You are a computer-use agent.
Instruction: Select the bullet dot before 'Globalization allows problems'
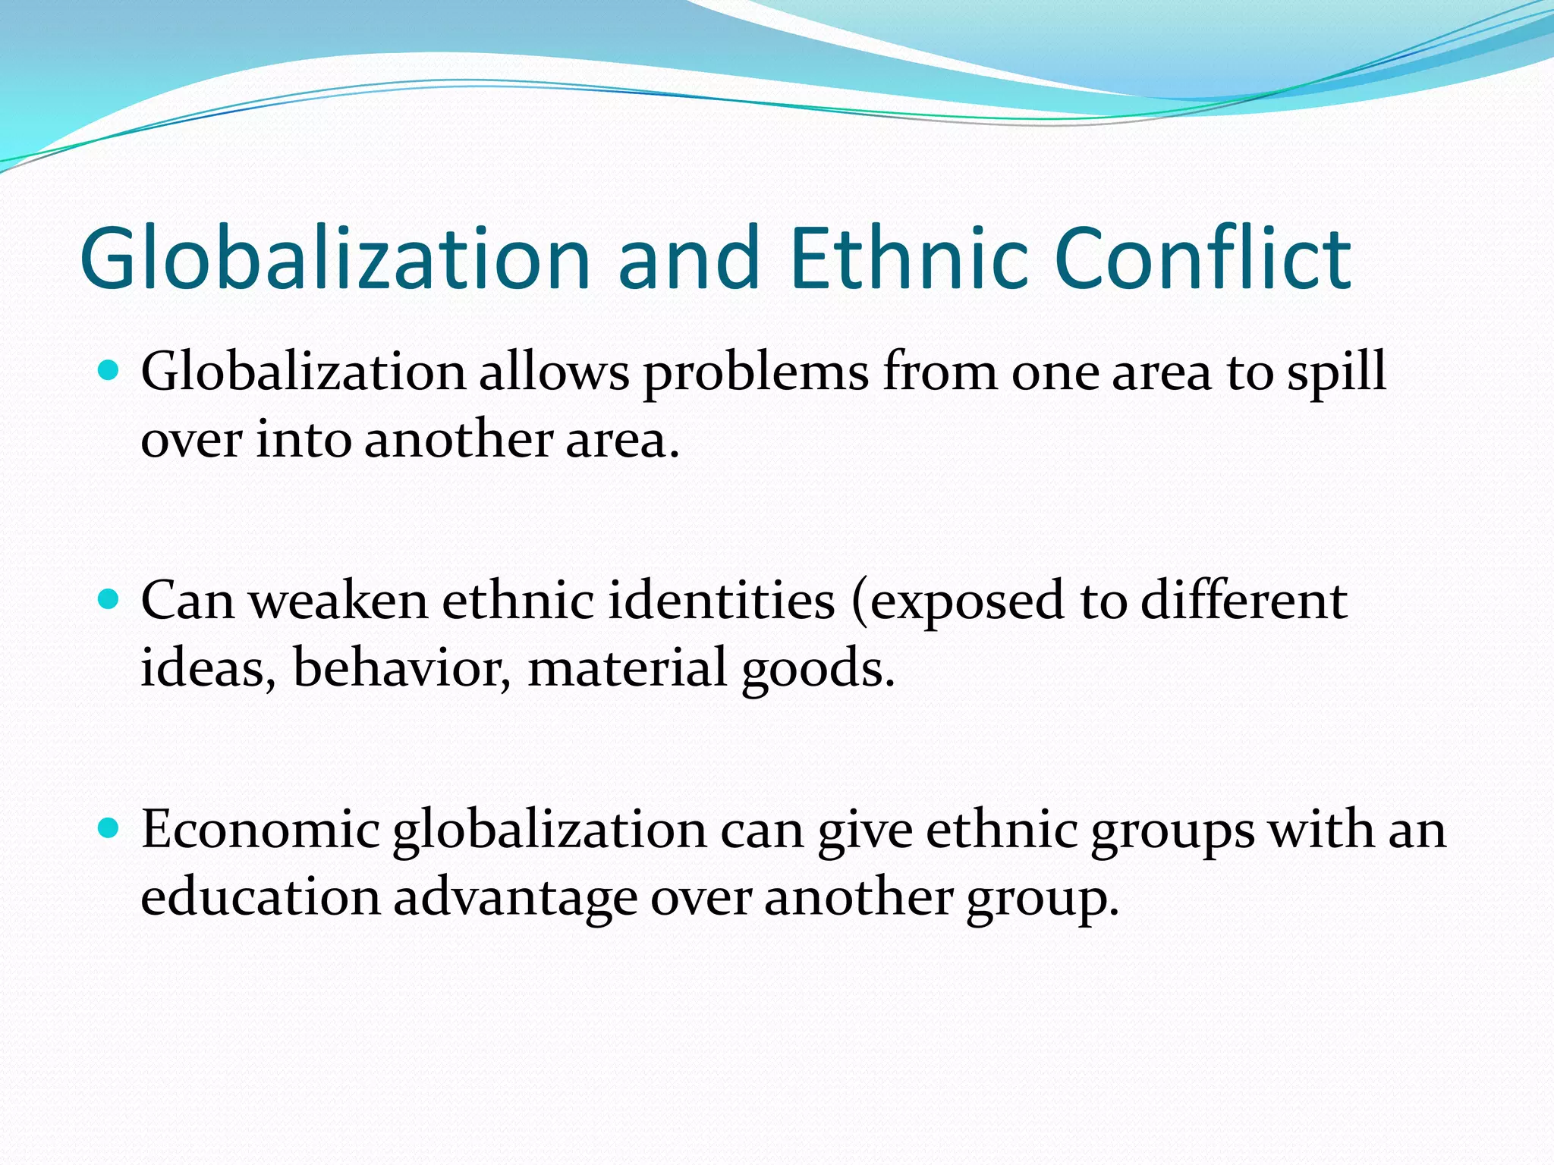[x=109, y=371]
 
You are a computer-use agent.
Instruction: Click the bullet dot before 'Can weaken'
[x=109, y=600]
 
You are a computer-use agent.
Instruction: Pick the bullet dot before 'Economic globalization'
[x=109, y=828]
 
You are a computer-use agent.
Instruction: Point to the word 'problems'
[x=756, y=373]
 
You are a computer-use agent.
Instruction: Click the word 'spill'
[x=1336, y=373]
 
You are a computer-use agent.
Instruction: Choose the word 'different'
[x=1244, y=601]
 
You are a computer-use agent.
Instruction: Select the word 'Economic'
[x=260, y=829]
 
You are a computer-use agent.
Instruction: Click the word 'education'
[x=260, y=897]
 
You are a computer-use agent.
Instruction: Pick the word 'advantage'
[x=515, y=898]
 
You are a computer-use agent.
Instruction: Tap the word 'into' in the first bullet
[x=304, y=440]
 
